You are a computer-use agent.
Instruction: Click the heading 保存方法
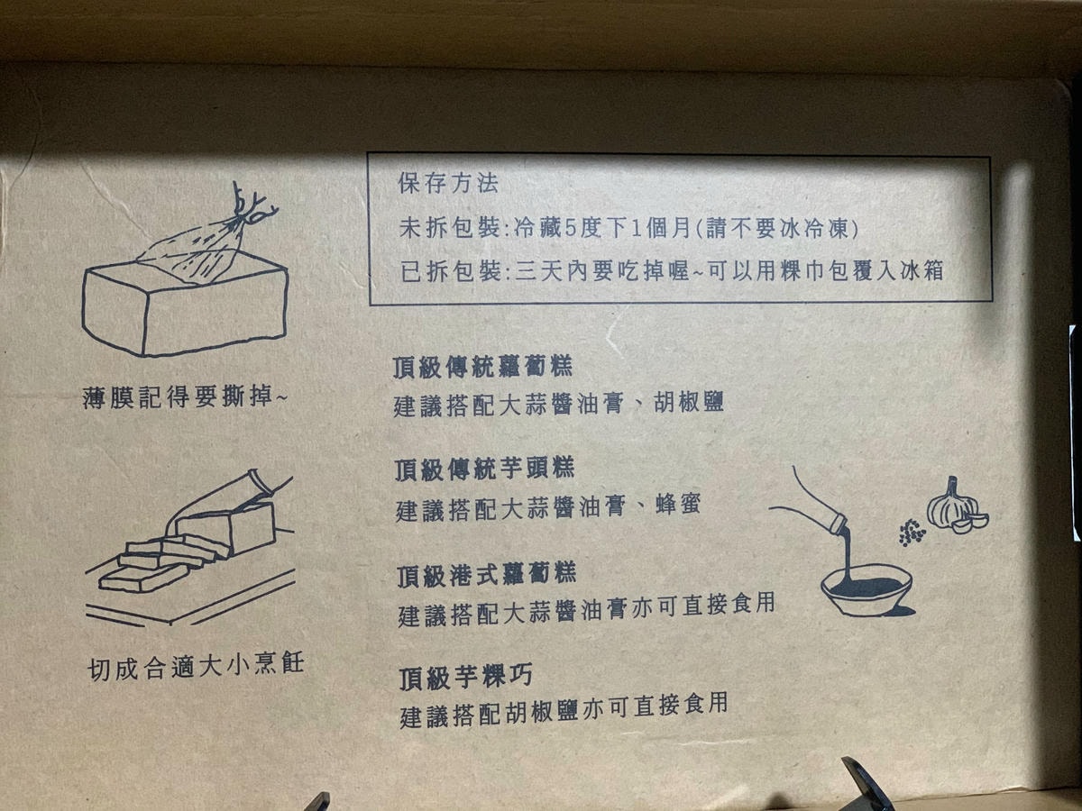[448, 183]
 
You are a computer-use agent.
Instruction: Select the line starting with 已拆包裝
[672, 270]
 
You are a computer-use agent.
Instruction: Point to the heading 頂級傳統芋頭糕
[484, 469]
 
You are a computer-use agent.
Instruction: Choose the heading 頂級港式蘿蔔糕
[487, 574]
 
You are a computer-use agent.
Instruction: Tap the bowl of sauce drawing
[866, 590]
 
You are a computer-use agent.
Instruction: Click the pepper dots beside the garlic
[912, 533]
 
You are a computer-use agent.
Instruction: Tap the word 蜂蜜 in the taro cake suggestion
[671, 507]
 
